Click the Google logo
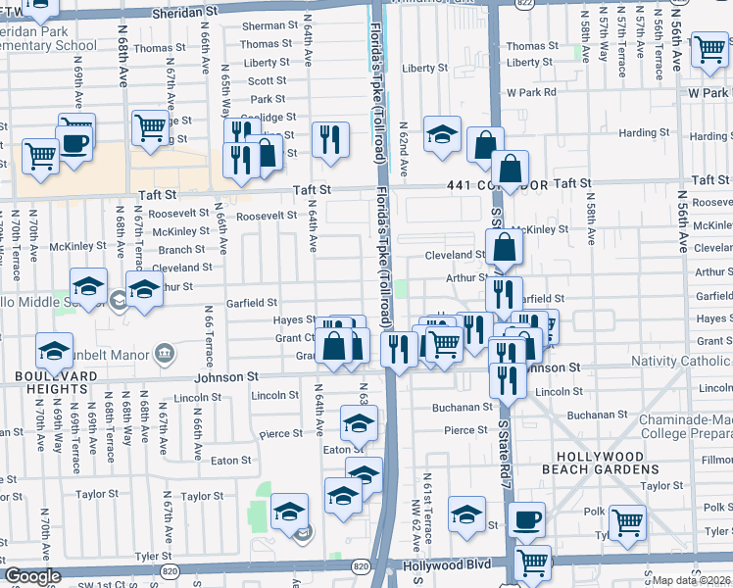coord(32,576)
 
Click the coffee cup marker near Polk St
coord(527,518)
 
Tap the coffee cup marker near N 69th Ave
coord(75,142)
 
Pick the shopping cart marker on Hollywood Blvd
coord(532,562)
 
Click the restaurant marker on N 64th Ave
coord(331,138)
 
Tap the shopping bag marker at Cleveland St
coord(504,248)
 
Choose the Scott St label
coord(266,81)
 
